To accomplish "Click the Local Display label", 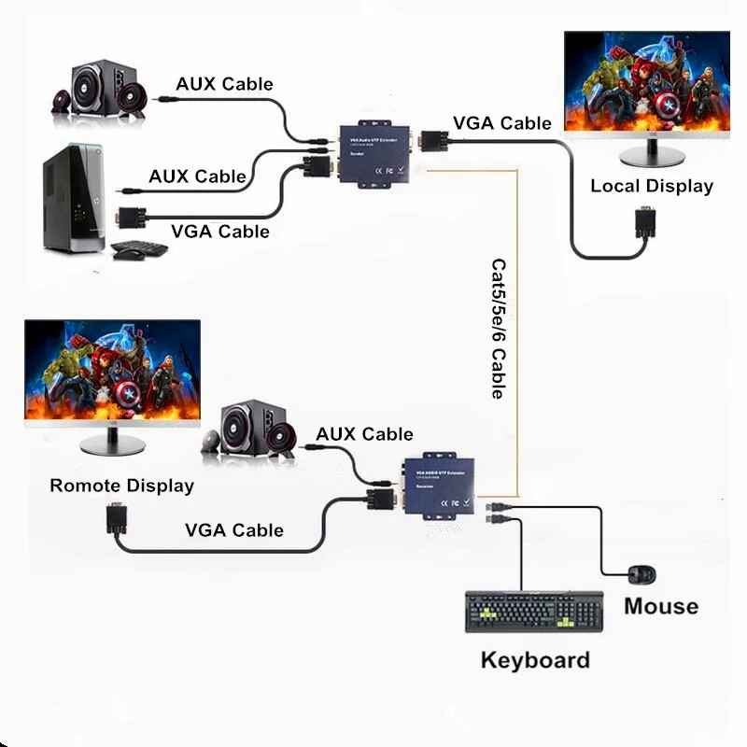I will click(651, 186).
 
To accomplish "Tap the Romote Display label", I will click(121, 486).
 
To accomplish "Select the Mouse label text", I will click(661, 606).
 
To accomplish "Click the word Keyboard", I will click(535, 660).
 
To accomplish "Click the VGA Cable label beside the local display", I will click(501, 123).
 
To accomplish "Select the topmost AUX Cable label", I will click(224, 84).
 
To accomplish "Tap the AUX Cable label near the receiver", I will click(364, 434).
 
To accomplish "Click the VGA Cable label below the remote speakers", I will click(233, 530).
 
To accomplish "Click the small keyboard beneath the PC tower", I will click(140, 249).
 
